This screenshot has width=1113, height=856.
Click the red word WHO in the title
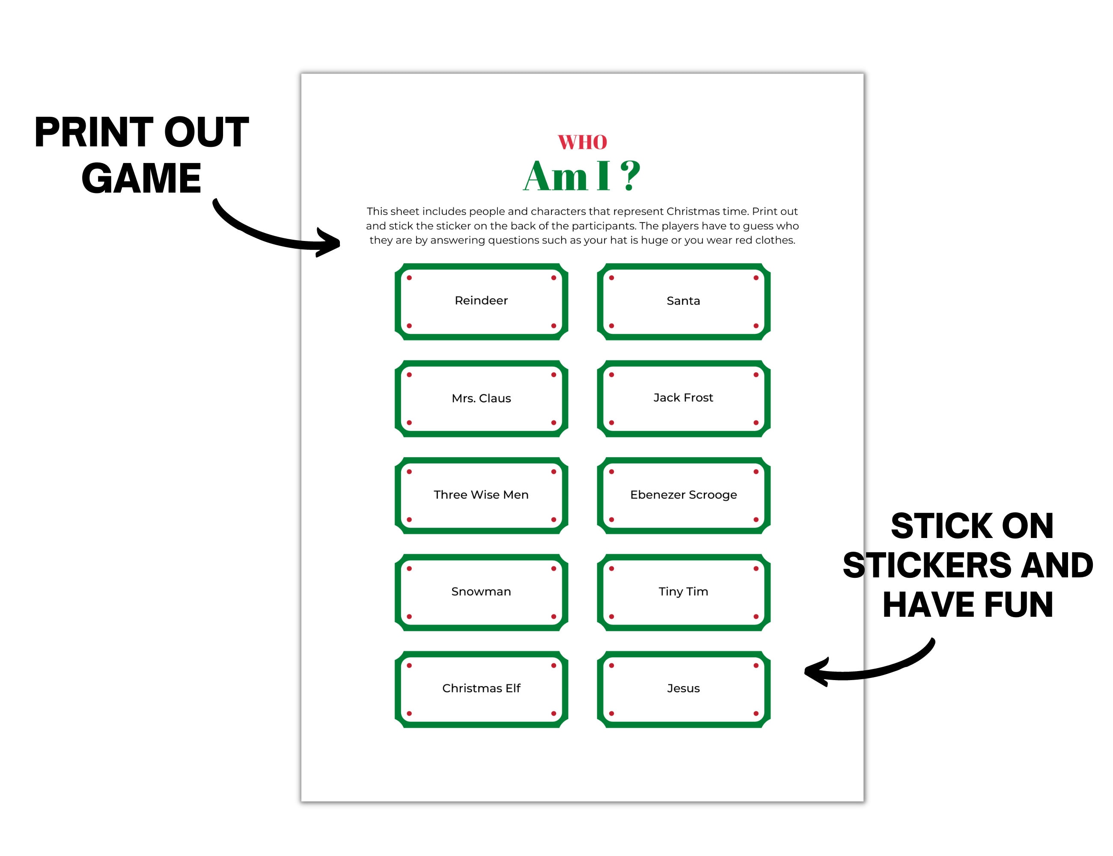tap(582, 142)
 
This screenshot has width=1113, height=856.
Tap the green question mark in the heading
tap(631, 176)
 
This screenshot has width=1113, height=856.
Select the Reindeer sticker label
tap(481, 300)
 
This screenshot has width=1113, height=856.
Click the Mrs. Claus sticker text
tap(481, 398)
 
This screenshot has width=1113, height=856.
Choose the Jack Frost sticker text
tap(683, 398)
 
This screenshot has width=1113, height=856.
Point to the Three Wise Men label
tap(481, 495)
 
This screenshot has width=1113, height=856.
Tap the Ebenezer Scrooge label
tap(683, 495)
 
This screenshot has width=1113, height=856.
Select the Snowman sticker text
tap(481, 591)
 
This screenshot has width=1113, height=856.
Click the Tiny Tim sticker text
tap(683, 591)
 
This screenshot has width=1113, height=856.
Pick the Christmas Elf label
tap(481, 688)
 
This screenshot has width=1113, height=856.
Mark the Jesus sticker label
tap(683, 688)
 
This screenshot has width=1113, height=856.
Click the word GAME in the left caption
tap(141, 178)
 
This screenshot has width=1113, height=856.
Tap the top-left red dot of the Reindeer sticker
tap(409, 278)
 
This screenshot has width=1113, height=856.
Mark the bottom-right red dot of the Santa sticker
tap(756, 326)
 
